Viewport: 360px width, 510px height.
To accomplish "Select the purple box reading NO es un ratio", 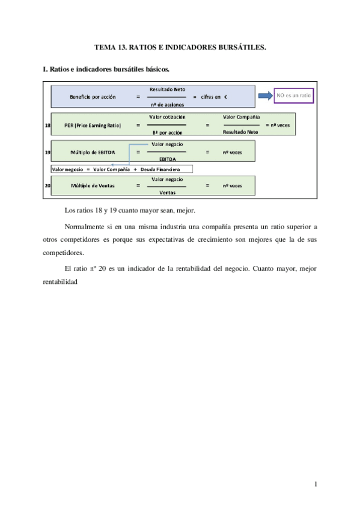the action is pyautogui.click(x=294, y=95).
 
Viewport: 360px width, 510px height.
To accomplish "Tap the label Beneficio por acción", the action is pyautogui.click(x=93, y=97).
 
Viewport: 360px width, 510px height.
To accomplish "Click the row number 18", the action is pyautogui.click(x=47, y=126).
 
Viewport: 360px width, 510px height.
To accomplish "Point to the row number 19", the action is pyautogui.click(x=47, y=153).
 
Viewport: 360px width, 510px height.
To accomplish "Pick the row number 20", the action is pyautogui.click(x=47, y=186).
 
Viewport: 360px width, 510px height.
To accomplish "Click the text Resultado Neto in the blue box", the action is pyautogui.click(x=167, y=89).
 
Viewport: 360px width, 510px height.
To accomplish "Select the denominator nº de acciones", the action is pyautogui.click(x=167, y=104).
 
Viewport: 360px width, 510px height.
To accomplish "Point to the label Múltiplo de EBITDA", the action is pyautogui.click(x=94, y=153).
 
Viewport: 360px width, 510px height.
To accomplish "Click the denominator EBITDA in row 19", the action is pyautogui.click(x=167, y=160).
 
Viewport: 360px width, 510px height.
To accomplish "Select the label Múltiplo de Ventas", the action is pyautogui.click(x=93, y=186).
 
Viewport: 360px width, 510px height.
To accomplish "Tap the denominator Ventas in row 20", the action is pyautogui.click(x=167, y=193).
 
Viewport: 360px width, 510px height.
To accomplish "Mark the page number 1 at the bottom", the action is pyautogui.click(x=315, y=485).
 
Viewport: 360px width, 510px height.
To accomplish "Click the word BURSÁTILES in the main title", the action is pyautogui.click(x=238, y=46).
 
